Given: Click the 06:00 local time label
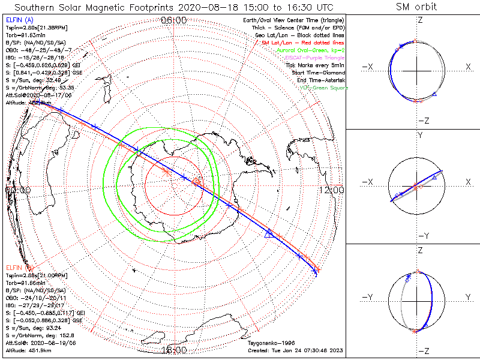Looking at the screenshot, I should point(174,20).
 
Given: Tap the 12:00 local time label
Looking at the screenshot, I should point(331,190).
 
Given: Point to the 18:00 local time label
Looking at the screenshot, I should point(174,350).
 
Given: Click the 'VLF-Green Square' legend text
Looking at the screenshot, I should point(323,88).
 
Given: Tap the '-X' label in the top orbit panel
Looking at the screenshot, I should point(367,67).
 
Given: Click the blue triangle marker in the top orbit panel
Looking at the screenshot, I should point(434,95).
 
